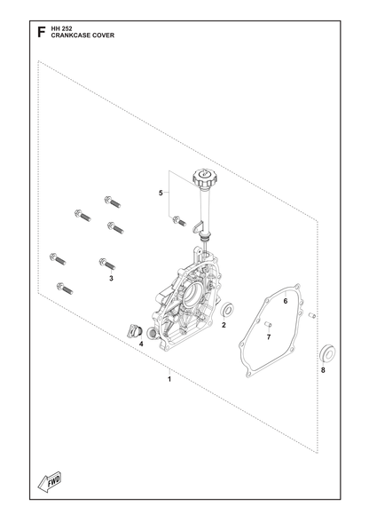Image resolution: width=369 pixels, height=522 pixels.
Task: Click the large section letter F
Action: point(41,32)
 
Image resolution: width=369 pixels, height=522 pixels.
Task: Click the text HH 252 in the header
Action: point(61,29)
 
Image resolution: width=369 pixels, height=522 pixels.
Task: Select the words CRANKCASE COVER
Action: point(82,36)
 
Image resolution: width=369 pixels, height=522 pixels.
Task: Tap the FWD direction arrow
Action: point(50,482)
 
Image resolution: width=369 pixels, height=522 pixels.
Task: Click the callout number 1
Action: point(169,379)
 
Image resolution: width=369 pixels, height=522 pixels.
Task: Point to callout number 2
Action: point(224,325)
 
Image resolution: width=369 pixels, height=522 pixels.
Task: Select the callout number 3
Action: point(111,279)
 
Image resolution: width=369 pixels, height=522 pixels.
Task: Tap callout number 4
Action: point(141,344)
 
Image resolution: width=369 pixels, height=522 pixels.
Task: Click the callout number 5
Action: point(161,194)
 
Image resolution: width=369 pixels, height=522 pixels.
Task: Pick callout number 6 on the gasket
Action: point(286,301)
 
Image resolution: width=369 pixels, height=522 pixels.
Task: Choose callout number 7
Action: point(269,337)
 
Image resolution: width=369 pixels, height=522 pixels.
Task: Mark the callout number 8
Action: point(323,370)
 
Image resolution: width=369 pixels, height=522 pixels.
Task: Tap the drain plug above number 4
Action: point(135,330)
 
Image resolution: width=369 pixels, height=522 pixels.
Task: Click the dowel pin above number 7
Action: point(268,324)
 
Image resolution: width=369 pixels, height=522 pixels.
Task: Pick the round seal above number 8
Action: point(327,353)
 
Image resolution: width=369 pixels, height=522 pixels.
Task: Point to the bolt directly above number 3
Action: point(107,264)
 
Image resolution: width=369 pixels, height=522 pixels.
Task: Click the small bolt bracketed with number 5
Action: point(179,221)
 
